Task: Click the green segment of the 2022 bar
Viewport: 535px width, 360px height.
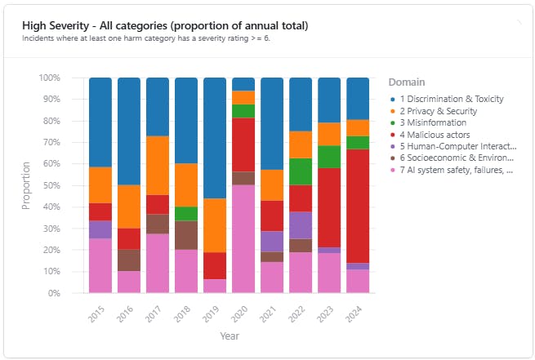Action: coord(301,171)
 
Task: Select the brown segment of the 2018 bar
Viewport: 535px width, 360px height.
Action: coord(186,235)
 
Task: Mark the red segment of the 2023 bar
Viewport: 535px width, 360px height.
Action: coord(329,207)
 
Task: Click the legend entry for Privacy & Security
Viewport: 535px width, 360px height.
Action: coord(444,111)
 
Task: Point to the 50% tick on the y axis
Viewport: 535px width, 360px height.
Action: coord(50,185)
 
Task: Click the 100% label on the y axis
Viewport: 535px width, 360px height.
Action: coord(48,78)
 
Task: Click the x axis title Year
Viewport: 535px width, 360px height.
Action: coord(229,335)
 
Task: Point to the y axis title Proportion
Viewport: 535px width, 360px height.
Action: coord(25,185)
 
